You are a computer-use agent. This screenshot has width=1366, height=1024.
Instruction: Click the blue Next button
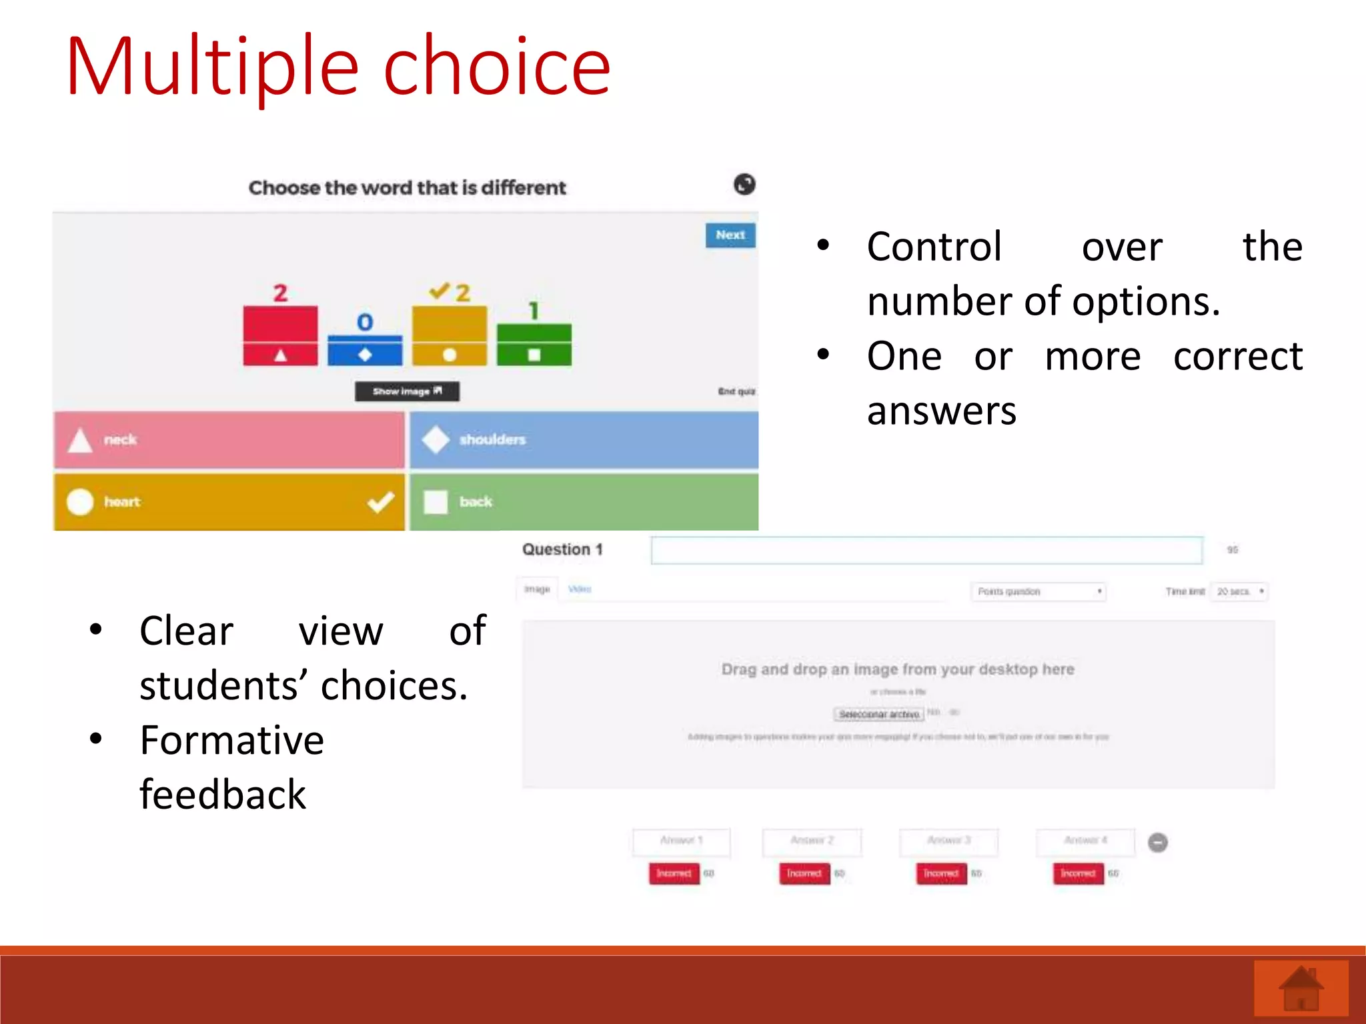[x=730, y=235]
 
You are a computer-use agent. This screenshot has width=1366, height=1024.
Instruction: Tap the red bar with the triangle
[x=280, y=336]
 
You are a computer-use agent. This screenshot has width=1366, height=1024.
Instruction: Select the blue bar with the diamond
[x=365, y=351]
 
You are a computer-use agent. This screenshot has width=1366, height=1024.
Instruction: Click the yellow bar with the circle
[x=450, y=336]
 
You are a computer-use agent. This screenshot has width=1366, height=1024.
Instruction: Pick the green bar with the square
[x=534, y=345]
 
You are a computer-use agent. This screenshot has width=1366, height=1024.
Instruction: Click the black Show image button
[x=407, y=391]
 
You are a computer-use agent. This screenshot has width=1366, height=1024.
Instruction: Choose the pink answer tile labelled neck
[x=229, y=440]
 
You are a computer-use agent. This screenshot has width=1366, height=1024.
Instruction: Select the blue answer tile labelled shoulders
[x=584, y=440]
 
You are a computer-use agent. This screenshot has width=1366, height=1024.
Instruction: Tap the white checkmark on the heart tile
[x=381, y=502]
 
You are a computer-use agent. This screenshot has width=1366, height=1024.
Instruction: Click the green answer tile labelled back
[x=584, y=502]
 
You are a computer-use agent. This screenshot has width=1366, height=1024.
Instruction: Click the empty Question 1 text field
[x=926, y=551]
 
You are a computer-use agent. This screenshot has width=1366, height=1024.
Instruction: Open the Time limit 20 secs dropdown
[x=1240, y=591]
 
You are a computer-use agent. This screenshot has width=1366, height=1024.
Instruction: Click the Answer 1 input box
[x=681, y=841]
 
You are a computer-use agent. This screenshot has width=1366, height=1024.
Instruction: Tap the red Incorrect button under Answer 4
[x=1078, y=873]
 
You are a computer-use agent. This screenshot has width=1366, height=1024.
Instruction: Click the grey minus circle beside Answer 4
[x=1158, y=843]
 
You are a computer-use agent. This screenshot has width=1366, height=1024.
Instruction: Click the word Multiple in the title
[x=212, y=68]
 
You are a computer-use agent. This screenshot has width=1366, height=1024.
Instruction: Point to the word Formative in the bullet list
[x=231, y=741]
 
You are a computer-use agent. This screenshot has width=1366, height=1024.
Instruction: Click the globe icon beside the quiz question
[x=744, y=185]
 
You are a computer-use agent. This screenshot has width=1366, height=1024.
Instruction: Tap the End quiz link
[x=736, y=391]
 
